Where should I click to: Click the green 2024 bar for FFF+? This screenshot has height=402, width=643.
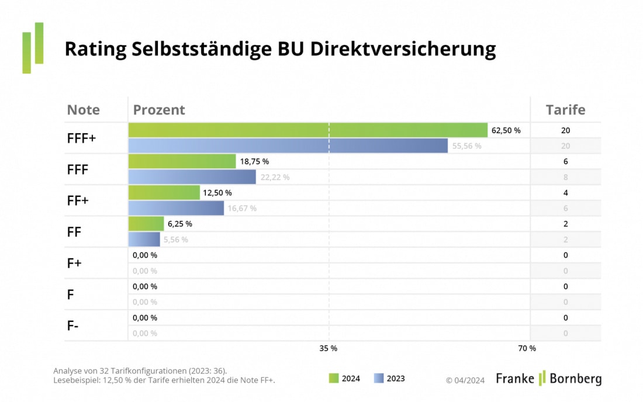pyautogui.click(x=307, y=130)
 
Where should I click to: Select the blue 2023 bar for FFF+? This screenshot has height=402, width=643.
pyautogui.click(x=288, y=145)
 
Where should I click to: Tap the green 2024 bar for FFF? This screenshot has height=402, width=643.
pyautogui.click(x=182, y=161)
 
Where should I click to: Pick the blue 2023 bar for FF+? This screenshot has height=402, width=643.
pyautogui.click(x=176, y=208)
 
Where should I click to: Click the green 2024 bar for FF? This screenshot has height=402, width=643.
pyautogui.click(x=146, y=224)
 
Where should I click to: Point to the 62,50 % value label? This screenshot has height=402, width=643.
pyautogui.click(x=506, y=130)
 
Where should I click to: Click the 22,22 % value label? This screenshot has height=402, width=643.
pyautogui.click(x=275, y=177)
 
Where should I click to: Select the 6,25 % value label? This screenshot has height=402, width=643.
pyautogui.click(x=180, y=224)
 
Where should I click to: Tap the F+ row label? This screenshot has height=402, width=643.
pyautogui.click(x=74, y=264)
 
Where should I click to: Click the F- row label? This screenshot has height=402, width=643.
pyautogui.click(x=73, y=326)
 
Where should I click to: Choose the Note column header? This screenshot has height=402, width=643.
pyautogui.click(x=84, y=110)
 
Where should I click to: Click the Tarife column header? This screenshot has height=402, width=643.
pyautogui.click(x=565, y=110)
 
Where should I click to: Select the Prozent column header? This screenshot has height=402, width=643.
pyautogui.click(x=159, y=110)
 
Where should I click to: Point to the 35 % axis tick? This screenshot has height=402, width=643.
pyautogui.click(x=328, y=348)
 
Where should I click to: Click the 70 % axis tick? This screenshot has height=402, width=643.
pyautogui.click(x=527, y=348)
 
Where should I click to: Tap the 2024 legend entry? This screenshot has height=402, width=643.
pyautogui.click(x=344, y=379)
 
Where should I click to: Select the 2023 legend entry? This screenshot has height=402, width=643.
pyautogui.click(x=389, y=379)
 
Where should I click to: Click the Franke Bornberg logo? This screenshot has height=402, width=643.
pyautogui.click(x=548, y=379)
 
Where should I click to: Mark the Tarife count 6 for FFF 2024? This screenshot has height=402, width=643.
pyautogui.click(x=565, y=161)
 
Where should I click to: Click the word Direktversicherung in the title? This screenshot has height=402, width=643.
pyautogui.click(x=403, y=49)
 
